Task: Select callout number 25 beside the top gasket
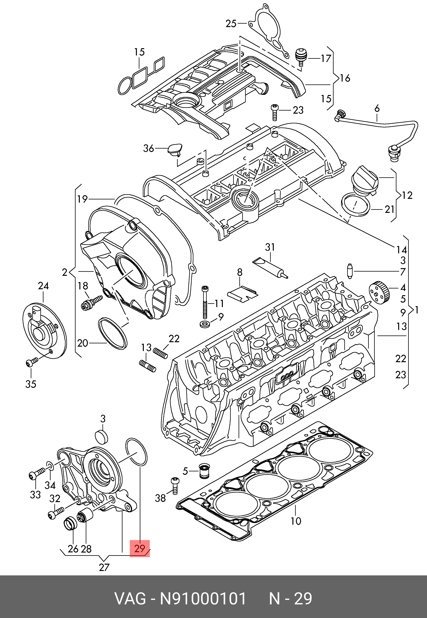[231, 24]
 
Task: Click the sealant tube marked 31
[271, 268]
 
